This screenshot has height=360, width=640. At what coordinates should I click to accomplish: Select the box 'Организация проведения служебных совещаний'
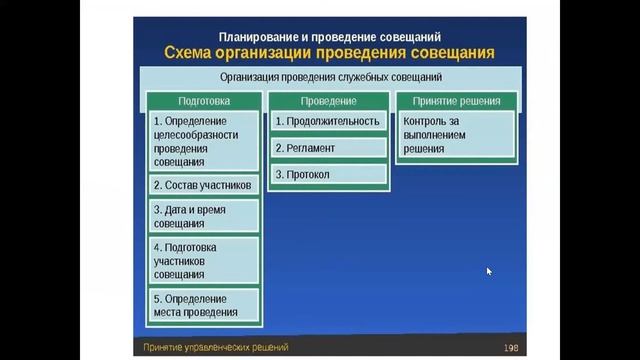pyautogui.click(x=330, y=76)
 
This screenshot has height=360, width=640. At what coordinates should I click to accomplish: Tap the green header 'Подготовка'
pyautogui.click(x=204, y=101)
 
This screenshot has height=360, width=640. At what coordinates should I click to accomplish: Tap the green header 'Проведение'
pyautogui.click(x=328, y=101)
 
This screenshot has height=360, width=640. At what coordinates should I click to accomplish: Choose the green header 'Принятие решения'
pyautogui.click(x=456, y=101)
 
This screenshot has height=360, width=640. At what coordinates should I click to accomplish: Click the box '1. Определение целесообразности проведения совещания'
pyautogui.click(x=204, y=141)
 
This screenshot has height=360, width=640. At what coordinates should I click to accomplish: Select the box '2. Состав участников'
pyautogui.click(x=204, y=185)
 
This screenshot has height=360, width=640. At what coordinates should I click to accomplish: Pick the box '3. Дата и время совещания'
pyautogui.click(x=204, y=217)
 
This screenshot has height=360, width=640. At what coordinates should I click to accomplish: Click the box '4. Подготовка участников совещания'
pyautogui.click(x=204, y=260)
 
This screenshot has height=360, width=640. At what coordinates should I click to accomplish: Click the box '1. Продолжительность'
pyautogui.click(x=328, y=122)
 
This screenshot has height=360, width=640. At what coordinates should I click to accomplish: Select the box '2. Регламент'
pyautogui.click(x=328, y=148)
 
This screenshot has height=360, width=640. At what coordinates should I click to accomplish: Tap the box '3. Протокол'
pyautogui.click(x=328, y=174)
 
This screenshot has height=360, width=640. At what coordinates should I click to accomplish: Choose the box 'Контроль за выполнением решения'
pyautogui.click(x=456, y=134)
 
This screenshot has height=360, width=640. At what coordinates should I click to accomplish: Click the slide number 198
pyautogui.click(x=511, y=348)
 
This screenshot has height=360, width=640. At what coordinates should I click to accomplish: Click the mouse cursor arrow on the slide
pyautogui.click(x=489, y=270)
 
